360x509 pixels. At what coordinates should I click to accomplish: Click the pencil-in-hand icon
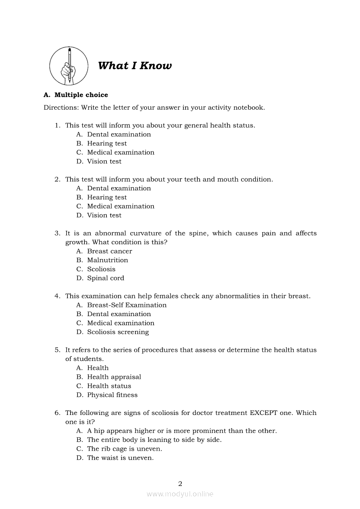coord(68,66)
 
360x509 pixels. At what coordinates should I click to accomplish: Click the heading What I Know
coord(135,66)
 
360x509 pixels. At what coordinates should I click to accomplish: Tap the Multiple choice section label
coord(81,95)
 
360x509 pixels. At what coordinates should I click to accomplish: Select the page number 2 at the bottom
coord(180,483)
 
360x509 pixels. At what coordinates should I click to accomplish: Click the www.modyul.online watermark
coord(180,494)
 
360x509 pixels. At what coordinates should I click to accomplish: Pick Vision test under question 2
coord(104,215)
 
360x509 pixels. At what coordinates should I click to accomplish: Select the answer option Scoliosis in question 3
coord(101,269)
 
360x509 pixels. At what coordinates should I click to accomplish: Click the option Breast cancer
coord(109,251)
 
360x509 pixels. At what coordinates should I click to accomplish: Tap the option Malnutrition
coord(108,260)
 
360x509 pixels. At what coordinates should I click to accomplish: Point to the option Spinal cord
coord(105,278)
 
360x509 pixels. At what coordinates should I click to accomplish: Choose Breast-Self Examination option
coord(127,305)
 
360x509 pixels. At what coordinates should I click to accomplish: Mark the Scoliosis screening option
coord(118,332)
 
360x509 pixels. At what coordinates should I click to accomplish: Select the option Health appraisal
coord(114,377)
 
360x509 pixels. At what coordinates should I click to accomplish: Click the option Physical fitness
coord(112,395)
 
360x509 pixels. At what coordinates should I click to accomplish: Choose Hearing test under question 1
coord(107,143)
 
